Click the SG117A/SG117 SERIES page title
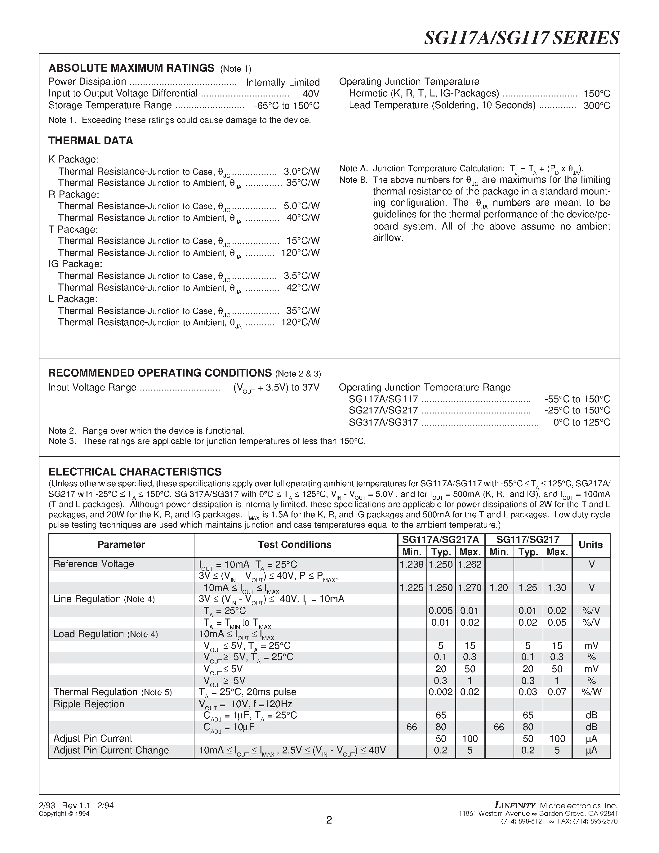[x=521, y=38]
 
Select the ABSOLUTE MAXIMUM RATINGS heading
[x=131, y=68]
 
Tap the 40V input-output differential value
[x=311, y=94]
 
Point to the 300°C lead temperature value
[x=597, y=106]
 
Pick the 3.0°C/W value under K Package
[x=301, y=172]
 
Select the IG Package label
[x=75, y=264]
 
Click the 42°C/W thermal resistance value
[x=303, y=288]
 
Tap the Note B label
[x=353, y=180]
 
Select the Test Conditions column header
[x=294, y=544]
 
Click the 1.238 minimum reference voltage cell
[x=412, y=564]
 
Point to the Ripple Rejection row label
[x=89, y=704]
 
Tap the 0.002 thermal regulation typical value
[x=440, y=692]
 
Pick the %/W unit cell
[x=591, y=692]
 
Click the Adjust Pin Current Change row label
[x=111, y=750]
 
